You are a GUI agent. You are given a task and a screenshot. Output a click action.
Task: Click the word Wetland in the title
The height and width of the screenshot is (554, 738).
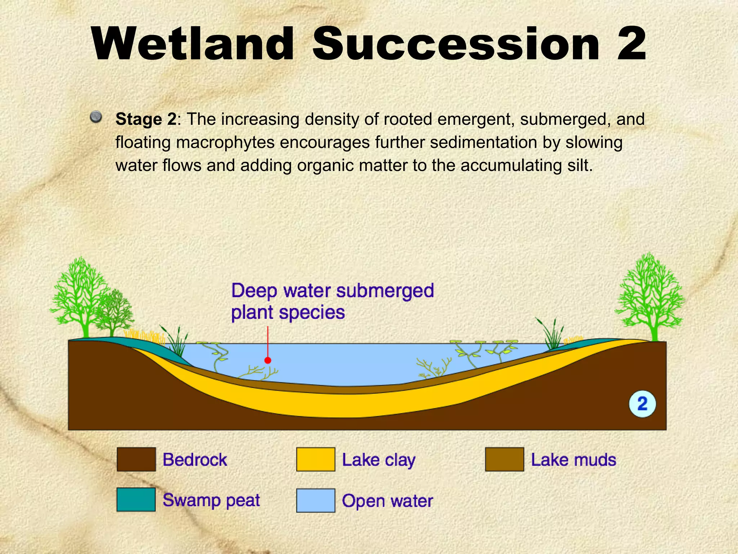[192, 44]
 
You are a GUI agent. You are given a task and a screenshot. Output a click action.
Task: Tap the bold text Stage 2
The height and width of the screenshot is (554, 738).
[146, 119]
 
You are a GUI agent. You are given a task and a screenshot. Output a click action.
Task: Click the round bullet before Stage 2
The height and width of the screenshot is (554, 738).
[96, 117]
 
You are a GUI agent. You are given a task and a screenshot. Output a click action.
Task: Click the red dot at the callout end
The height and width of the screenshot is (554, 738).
[268, 360]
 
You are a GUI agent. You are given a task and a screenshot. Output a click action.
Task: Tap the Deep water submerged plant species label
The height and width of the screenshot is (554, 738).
[332, 302]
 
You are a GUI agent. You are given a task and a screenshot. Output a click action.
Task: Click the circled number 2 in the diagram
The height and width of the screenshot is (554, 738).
[642, 404]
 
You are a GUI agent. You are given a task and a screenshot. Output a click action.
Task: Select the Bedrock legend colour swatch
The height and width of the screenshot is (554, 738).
[136, 460]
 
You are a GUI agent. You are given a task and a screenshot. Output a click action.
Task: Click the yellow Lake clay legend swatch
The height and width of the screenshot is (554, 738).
[316, 460]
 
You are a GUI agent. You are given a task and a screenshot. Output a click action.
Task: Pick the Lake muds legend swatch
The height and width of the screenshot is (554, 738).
[504, 460]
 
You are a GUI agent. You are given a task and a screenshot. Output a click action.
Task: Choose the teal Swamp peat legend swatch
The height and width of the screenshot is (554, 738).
[136, 500]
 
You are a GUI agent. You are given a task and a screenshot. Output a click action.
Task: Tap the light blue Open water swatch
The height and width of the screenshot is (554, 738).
[316, 501]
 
